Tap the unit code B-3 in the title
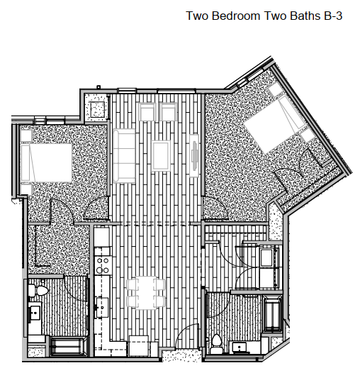332,15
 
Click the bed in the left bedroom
45,162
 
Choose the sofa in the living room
124,156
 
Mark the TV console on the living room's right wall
195,155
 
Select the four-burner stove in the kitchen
102,265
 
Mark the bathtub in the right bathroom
272,314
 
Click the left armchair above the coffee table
149,113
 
